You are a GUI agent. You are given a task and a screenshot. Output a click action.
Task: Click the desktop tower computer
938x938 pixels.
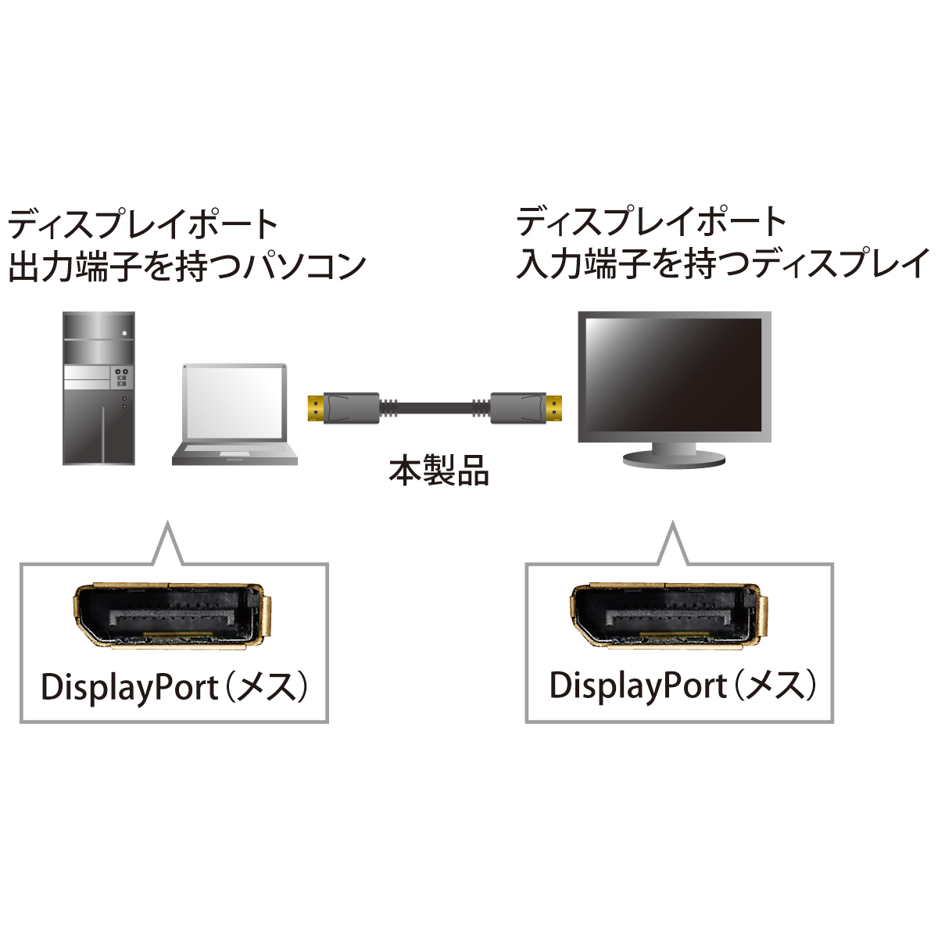click(98, 388)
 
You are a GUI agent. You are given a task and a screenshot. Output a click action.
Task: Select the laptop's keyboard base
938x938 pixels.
click(234, 453)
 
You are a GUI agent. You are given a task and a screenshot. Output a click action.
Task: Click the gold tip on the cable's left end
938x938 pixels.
click(316, 409)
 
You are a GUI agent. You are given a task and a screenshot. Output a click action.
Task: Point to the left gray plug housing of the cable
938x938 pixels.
click(352, 408)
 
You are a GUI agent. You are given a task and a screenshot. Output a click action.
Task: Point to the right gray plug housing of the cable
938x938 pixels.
click(518, 408)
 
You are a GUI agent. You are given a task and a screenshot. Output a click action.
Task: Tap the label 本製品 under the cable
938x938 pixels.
click(439, 471)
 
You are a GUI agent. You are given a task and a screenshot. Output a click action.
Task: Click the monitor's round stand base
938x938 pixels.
click(675, 460)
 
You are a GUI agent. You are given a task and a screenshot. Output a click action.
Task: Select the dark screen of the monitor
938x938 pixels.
click(674, 375)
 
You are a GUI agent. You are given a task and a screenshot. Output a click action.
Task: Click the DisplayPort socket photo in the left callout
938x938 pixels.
click(172, 616)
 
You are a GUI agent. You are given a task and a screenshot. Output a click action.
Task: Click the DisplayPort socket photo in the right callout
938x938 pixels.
click(669, 616)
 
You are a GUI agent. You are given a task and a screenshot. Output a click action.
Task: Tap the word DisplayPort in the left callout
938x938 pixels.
click(130, 689)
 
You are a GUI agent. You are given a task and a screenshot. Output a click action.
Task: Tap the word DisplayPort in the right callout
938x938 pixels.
click(638, 686)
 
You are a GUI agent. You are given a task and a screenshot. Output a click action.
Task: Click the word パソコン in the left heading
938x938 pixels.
click(305, 266)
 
